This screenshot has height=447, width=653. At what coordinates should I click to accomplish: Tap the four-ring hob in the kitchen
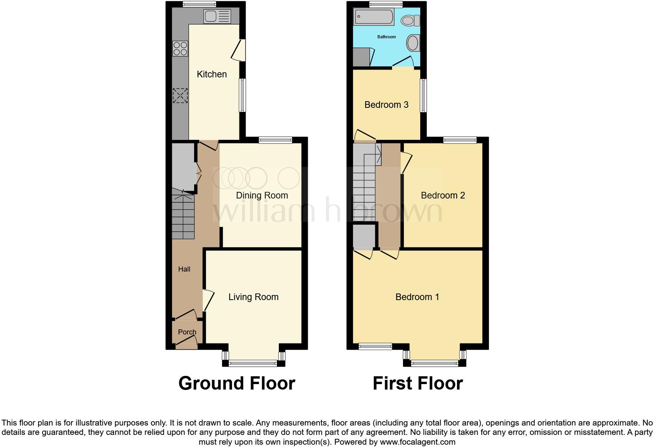180,49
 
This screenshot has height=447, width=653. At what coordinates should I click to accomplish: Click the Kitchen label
212,74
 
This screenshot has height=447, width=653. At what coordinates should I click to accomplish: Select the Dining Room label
262,195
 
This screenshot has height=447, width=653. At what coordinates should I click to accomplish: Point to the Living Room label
253,297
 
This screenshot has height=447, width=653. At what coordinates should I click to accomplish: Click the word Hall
184,269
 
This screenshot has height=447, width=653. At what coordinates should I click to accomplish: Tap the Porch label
187,332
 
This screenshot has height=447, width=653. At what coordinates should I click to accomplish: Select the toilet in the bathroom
410,20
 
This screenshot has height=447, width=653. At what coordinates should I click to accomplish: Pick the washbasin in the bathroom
413,43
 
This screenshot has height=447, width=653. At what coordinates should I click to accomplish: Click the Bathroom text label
386,37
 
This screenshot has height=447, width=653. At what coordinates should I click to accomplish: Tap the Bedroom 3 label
386,105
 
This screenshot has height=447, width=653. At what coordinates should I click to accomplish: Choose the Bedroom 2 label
443,195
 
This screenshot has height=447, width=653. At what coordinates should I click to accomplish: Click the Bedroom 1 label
417,297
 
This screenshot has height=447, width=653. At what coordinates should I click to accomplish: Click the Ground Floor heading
237,383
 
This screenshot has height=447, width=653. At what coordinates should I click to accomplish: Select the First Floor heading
417,383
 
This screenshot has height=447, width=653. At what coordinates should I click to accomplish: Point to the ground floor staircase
183,217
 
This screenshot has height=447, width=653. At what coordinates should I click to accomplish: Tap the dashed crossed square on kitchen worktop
180,96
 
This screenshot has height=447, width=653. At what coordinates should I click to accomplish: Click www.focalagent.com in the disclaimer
417,442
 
